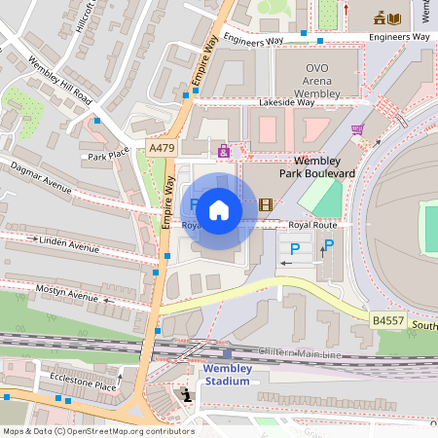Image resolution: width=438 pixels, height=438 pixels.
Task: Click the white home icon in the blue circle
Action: (219, 209)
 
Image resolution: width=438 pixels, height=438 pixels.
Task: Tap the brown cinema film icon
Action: (266, 204)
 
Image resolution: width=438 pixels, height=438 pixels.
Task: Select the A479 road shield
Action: (162, 147)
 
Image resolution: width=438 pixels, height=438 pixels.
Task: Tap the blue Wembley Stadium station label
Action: (227, 375)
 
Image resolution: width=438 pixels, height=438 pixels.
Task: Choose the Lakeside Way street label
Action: (286, 102)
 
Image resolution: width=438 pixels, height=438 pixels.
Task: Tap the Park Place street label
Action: (108, 155)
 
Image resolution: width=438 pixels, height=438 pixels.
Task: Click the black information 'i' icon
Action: (186, 393)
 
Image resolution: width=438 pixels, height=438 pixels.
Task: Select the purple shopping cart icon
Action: (357, 128)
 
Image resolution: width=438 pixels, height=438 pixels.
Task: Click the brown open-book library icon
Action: (393, 18)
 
